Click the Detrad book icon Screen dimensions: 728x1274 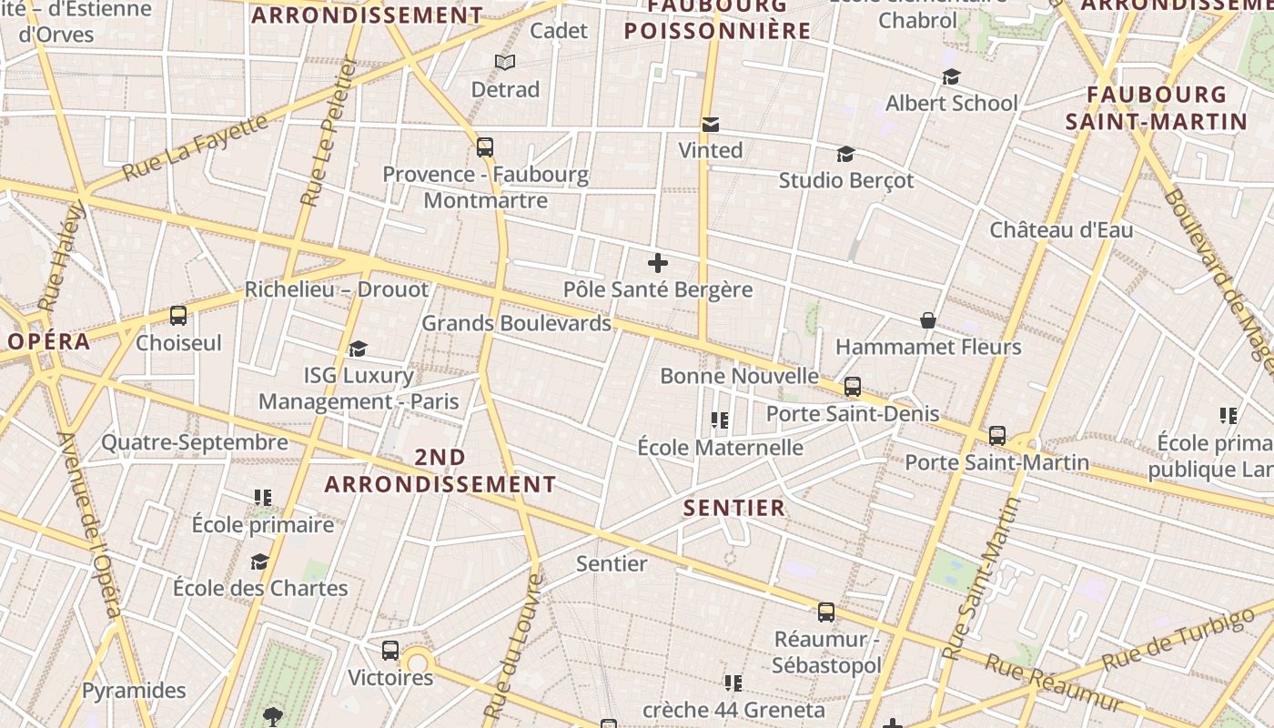coord(505,62)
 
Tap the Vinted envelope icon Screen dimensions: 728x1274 coord(711,124)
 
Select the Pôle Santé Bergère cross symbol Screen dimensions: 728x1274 coord(657,264)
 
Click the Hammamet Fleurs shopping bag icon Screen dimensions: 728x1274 coord(928,320)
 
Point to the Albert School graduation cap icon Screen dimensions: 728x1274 coord(951,77)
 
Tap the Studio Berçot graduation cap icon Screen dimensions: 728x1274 coord(845,154)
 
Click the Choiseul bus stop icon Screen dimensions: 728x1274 coord(178,316)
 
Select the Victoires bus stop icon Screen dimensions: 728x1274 coord(390,651)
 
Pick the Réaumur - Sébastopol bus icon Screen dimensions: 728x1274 coord(825,612)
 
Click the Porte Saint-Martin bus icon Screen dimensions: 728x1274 coord(997,436)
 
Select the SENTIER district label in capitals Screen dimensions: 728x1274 coord(733,508)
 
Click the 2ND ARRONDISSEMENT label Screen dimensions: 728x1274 coord(440,470)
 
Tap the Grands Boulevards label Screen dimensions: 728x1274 coord(516,323)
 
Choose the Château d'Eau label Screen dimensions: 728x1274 coord(1061,230)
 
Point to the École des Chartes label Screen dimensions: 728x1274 coord(260,588)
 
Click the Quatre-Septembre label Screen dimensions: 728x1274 coord(194,443)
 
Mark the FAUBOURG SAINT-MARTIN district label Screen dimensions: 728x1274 coord(1157,107)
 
